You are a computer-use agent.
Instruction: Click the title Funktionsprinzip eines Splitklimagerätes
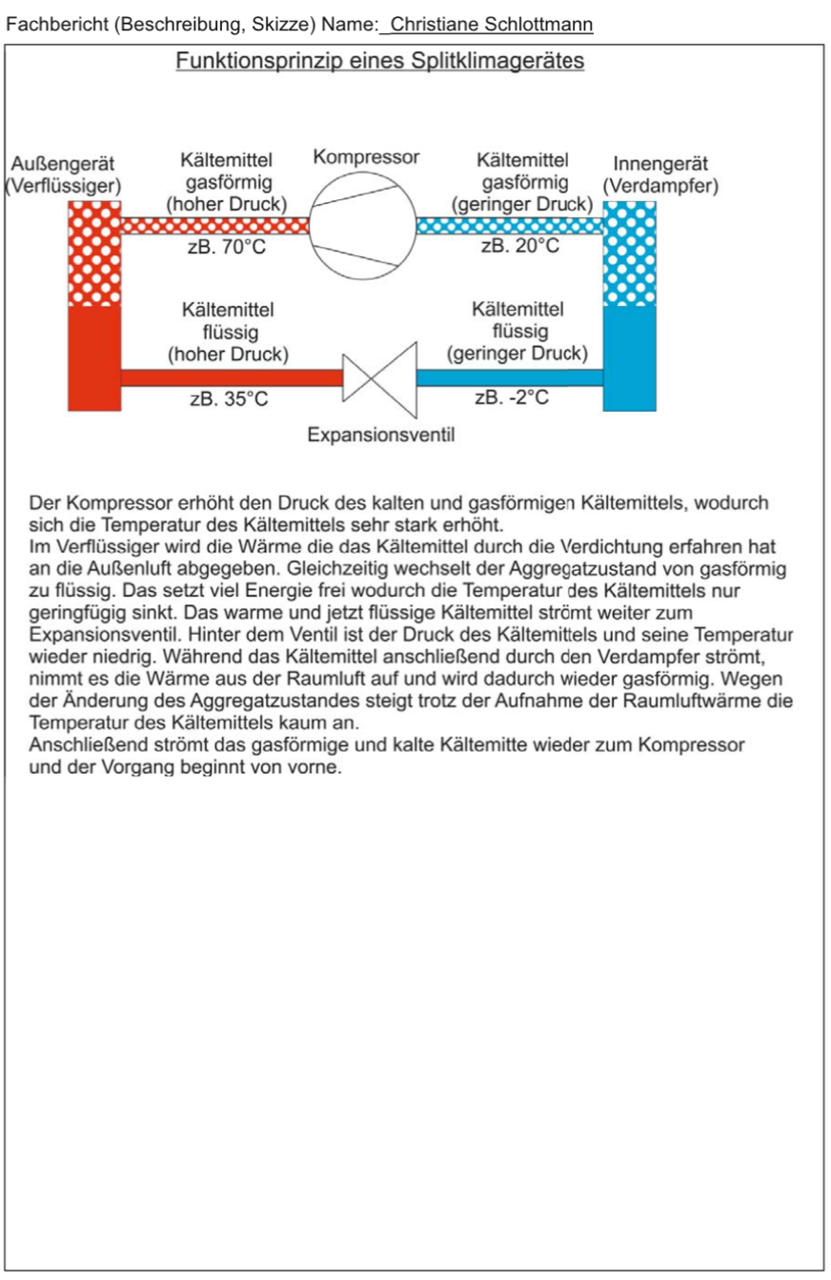pos(379,62)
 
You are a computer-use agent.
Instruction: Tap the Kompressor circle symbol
pos(365,226)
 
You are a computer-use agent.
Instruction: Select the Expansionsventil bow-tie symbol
pos(379,378)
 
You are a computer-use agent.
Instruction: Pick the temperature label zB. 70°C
pos(227,248)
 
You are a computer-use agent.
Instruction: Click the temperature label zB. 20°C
pos(519,247)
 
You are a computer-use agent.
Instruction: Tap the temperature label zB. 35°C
pos(229,399)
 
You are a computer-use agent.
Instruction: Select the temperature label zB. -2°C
pos(512,397)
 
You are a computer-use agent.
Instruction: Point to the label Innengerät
pos(659,165)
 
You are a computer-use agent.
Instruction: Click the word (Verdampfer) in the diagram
pos(659,186)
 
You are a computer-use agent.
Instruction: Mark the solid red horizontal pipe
pos(232,378)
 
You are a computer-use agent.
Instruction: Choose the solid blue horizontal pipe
pos(510,378)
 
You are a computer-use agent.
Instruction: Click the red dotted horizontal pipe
pos(215,226)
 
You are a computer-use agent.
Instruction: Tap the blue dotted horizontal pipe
pos(510,226)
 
